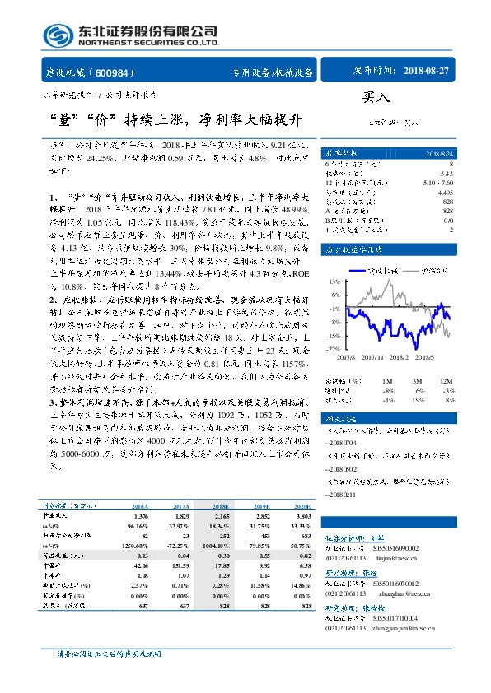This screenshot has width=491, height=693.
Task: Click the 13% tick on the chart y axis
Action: coord(334,281)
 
